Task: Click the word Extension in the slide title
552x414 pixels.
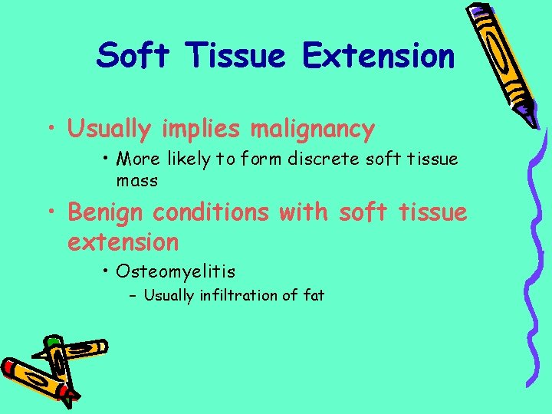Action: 378,56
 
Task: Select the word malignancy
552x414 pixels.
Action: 312,130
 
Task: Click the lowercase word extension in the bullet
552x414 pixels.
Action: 123,242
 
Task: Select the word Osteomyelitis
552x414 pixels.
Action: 176,271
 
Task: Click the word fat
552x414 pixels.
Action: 314,294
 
